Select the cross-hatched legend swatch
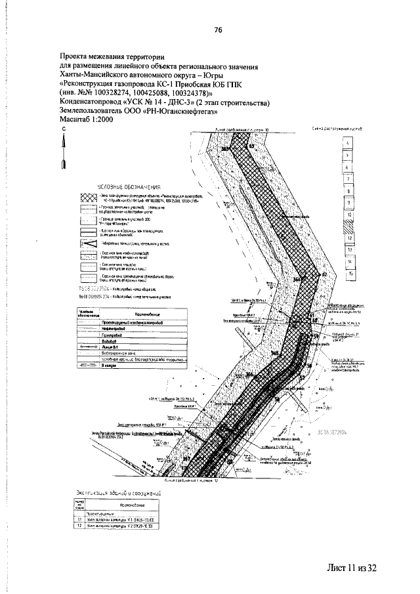tap(88, 198)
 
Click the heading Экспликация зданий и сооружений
tap(115, 490)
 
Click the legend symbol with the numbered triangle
tap(88, 243)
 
